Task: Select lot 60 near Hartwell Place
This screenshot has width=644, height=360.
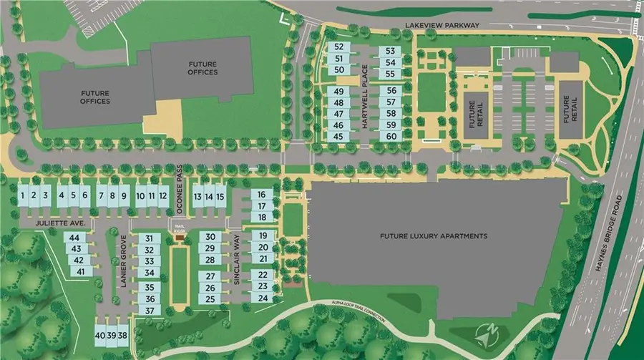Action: coord(391,136)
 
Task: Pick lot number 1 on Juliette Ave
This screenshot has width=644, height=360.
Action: coord(23,195)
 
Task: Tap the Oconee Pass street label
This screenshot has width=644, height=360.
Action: coord(180,195)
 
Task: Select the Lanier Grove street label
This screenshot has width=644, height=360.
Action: coord(123,259)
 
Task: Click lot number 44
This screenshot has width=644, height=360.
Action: coord(75,237)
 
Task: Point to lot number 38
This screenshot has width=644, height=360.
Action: coord(123,335)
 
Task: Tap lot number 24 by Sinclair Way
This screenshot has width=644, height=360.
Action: coord(263,298)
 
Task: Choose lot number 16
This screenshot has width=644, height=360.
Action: coord(262,195)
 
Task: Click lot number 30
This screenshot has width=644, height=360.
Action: coord(210,237)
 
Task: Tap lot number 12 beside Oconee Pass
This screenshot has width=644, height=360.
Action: coord(163,195)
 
